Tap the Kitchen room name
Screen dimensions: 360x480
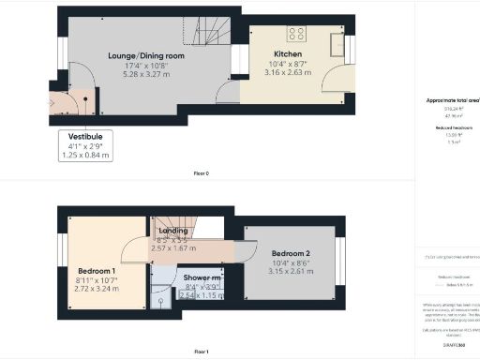[287, 53]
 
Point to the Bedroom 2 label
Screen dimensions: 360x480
[290, 253]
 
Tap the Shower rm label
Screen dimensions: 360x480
[202, 277]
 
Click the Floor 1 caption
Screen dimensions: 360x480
[201, 351]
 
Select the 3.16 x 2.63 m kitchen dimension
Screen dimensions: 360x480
[287, 72]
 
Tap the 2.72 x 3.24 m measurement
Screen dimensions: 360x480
[96, 290]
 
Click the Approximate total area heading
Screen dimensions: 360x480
[451, 98]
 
